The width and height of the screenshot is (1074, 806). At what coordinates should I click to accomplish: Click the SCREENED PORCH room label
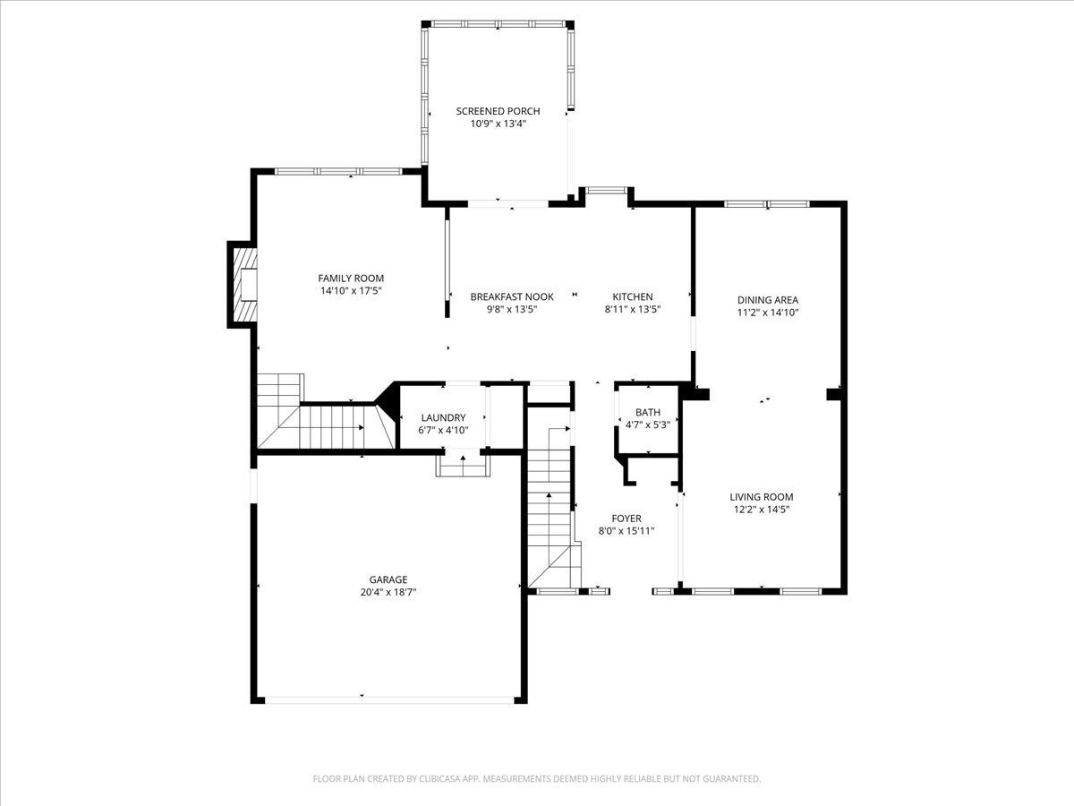[499, 111]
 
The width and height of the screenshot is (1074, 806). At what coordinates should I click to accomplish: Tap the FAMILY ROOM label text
[351, 279]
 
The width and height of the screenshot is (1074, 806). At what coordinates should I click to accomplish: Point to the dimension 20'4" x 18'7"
[388, 592]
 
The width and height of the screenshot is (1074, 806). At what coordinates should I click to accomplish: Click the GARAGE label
[388, 579]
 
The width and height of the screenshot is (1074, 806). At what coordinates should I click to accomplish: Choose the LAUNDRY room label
[443, 417]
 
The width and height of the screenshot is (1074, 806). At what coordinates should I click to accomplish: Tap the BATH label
[648, 412]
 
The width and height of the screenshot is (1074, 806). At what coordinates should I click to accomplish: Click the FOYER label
[626, 519]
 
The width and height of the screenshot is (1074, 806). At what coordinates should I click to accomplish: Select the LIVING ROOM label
[762, 497]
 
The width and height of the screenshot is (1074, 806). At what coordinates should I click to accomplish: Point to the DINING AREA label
[768, 300]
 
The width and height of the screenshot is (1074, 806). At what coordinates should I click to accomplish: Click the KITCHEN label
[633, 296]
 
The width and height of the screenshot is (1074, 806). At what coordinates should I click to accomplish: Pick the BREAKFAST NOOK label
[512, 296]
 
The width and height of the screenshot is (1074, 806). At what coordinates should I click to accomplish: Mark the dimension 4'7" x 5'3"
[648, 424]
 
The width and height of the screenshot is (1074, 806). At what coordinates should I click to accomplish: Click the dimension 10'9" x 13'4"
[499, 124]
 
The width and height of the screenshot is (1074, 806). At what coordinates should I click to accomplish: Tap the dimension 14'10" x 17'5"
[351, 291]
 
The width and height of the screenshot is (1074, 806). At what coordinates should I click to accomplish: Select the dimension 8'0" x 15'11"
[626, 531]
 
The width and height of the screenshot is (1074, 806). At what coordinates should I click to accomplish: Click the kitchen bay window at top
[606, 191]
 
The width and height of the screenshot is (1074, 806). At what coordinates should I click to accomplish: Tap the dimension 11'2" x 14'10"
[768, 313]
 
